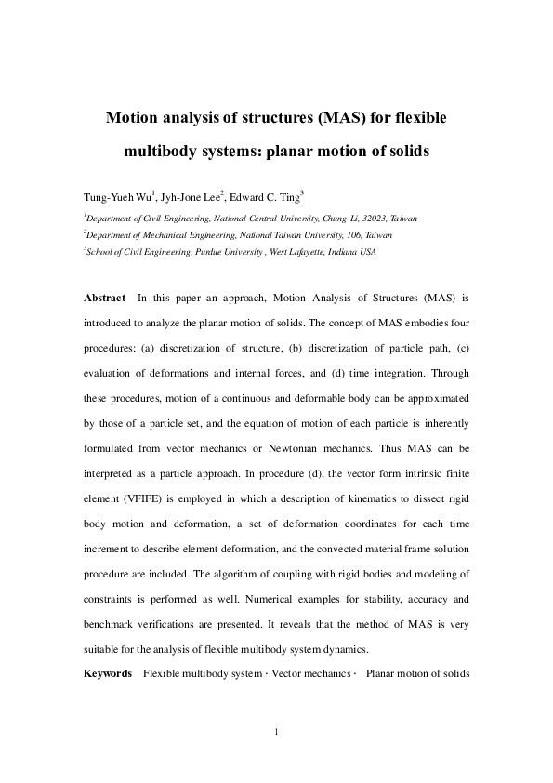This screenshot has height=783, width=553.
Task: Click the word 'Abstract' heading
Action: (104, 298)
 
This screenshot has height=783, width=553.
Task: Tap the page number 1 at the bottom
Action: (277, 733)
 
